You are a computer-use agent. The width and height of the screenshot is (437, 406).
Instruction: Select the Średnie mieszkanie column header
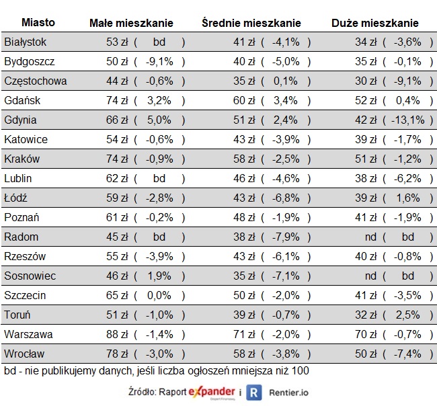coord(251,23)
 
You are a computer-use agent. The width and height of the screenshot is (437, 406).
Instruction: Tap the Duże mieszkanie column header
coord(374,23)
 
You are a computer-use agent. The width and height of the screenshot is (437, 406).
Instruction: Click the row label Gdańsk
coord(22,101)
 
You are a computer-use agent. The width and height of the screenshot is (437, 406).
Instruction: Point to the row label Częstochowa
coord(35,81)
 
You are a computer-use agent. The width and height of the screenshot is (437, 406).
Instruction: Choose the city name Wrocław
coord(24,354)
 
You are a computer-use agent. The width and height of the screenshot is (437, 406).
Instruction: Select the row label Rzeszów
coord(24,257)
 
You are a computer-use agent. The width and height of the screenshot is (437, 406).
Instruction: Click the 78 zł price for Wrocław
coord(117,354)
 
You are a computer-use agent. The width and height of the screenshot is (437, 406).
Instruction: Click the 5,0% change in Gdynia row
coord(159,120)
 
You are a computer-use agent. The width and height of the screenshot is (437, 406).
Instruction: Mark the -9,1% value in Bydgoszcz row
coord(159,62)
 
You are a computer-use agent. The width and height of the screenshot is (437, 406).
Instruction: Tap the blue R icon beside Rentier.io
coord(253,393)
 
